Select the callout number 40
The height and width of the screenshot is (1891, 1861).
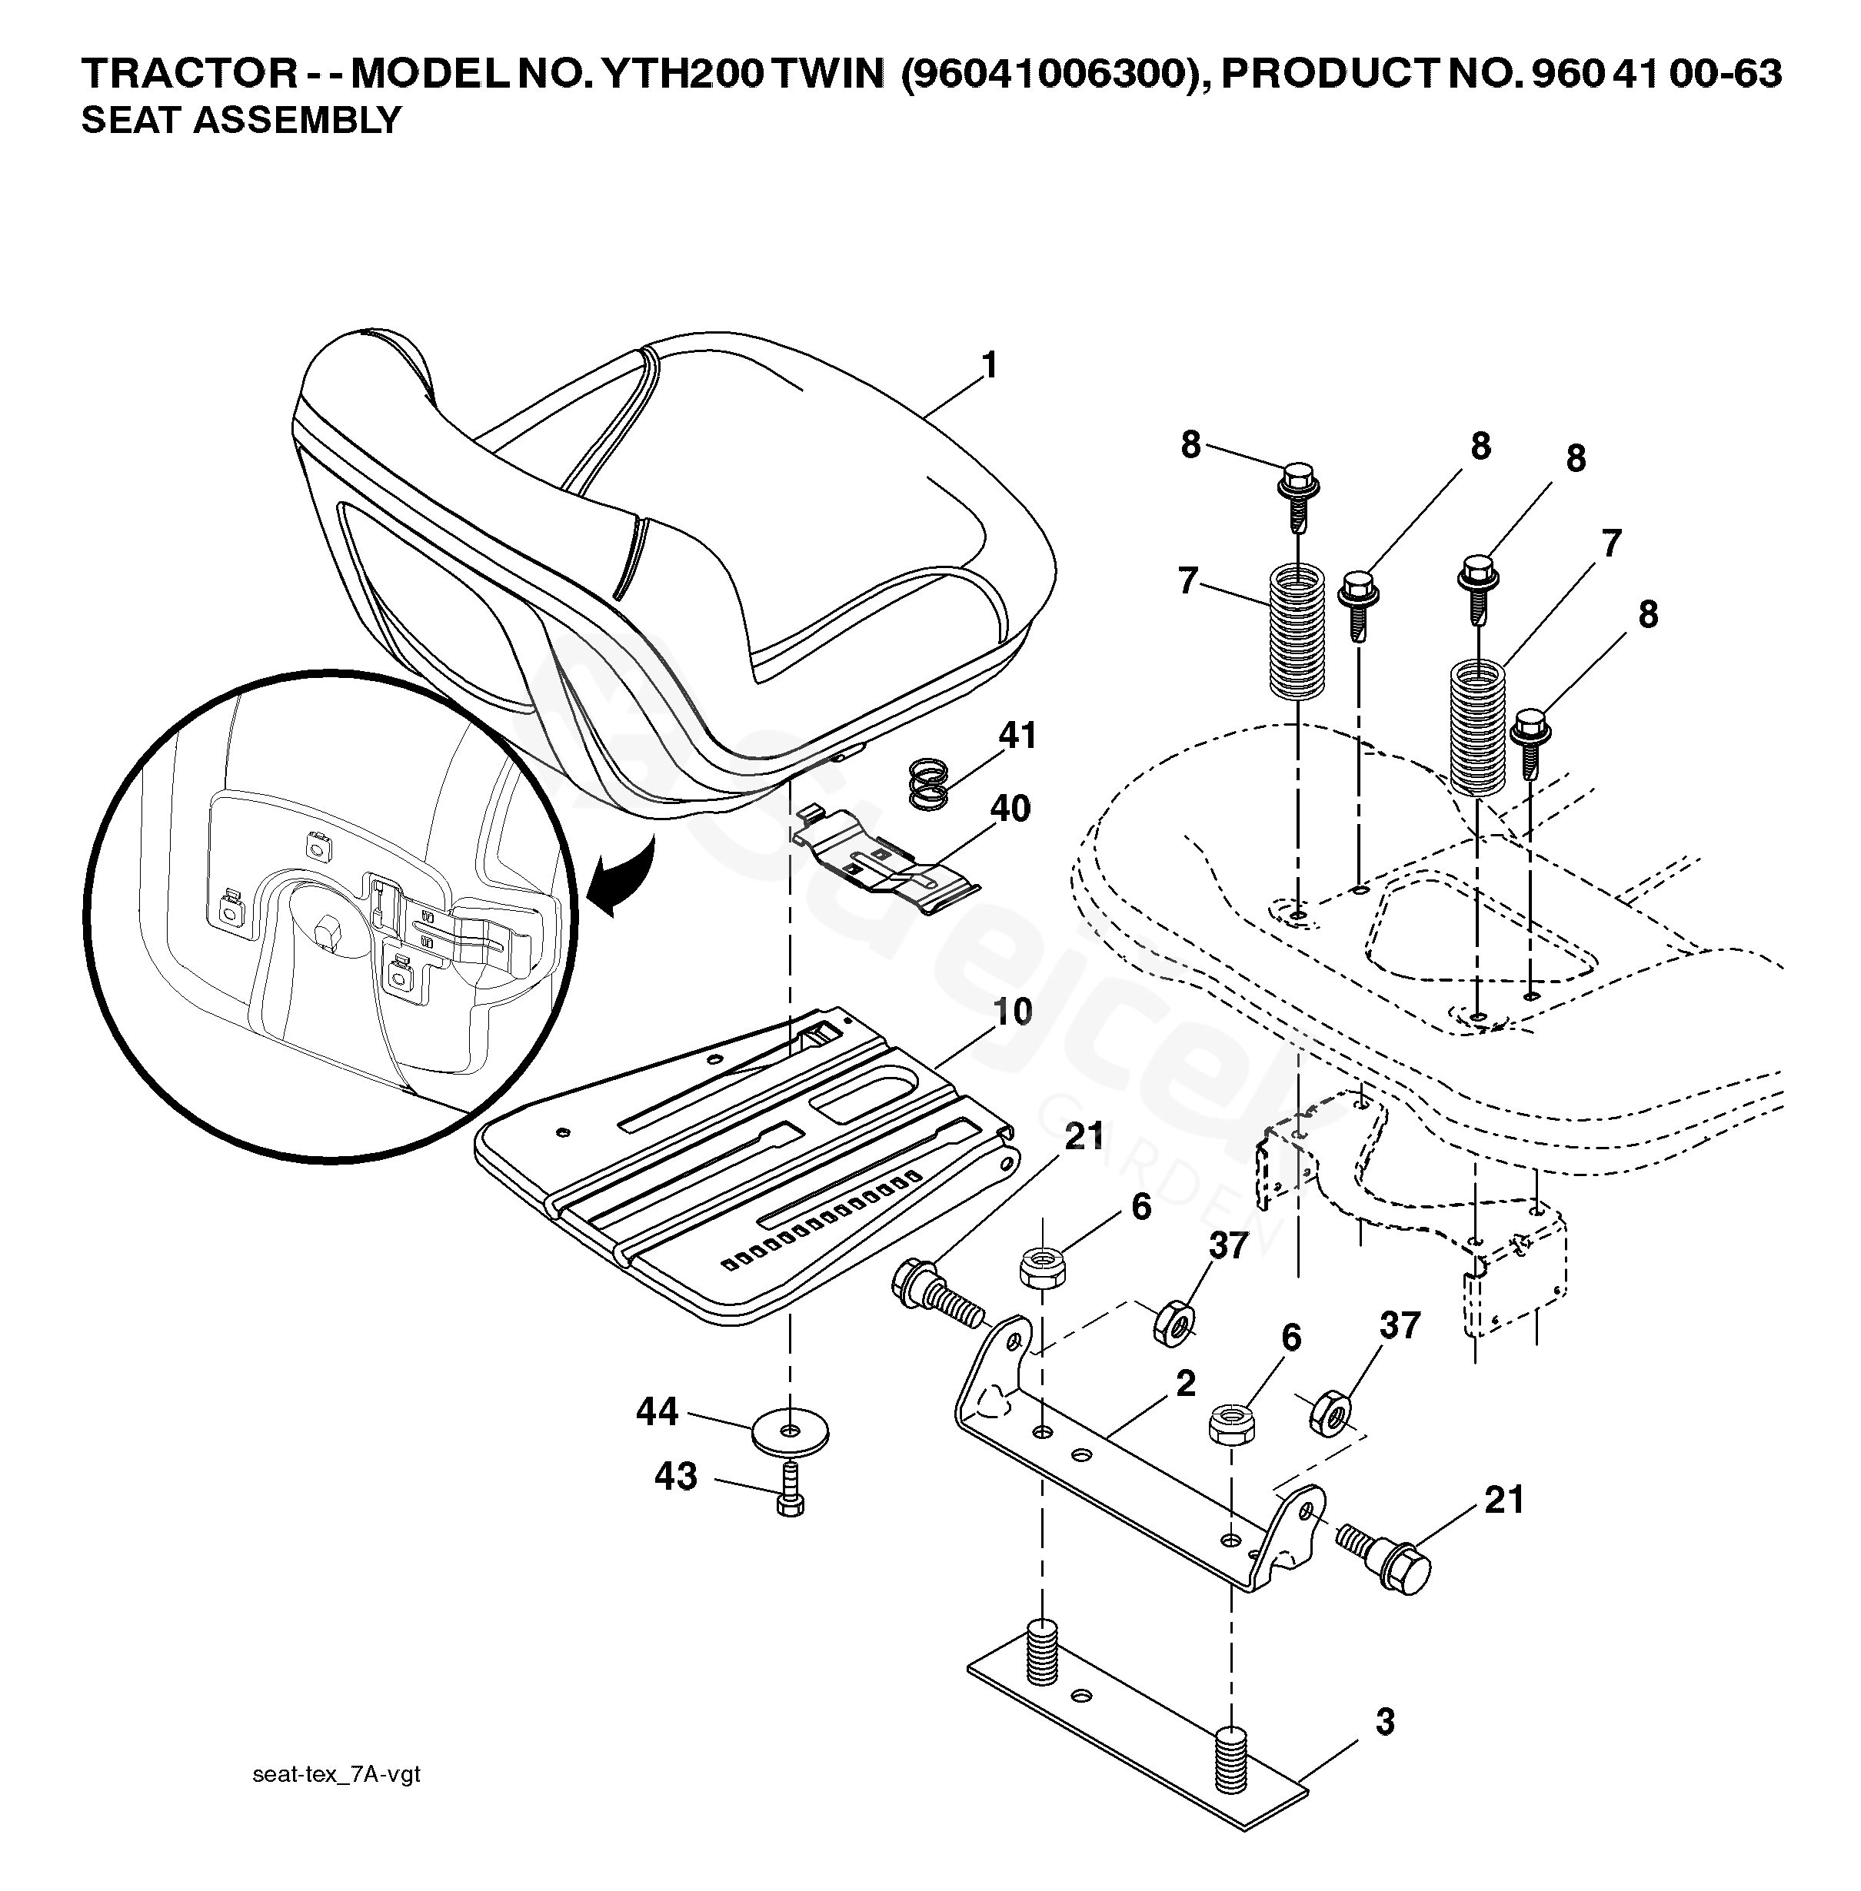click(x=1010, y=809)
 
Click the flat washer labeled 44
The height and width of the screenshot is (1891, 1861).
click(x=790, y=1433)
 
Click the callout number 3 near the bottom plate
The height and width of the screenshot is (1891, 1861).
click(x=1384, y=1722)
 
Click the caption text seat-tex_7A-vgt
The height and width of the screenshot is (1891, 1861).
click(x=336, y=1773)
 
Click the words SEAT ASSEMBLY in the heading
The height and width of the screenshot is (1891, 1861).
click(x=241, y=120)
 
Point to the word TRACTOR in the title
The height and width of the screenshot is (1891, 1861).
click(x=188, y=73)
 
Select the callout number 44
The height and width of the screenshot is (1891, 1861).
click(x=657, y=1411)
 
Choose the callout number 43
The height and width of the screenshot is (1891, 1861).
click(x=675, y=1477)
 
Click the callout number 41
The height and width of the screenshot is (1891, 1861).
click(x=1017, y=735)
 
